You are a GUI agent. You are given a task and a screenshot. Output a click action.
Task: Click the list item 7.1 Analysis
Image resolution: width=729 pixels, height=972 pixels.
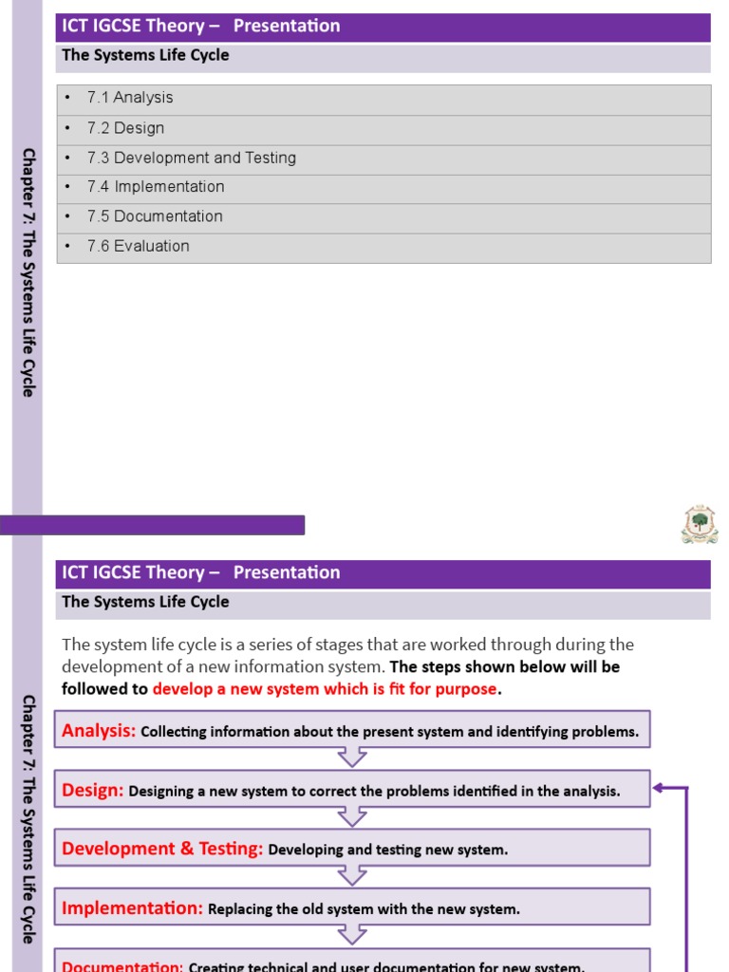130,98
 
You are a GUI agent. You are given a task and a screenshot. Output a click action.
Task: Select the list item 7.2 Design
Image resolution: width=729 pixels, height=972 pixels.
125,128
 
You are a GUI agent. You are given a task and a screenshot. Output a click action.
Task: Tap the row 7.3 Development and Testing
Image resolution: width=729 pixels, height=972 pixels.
192,158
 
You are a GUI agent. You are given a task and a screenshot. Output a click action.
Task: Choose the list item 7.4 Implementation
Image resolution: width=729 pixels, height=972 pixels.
156,187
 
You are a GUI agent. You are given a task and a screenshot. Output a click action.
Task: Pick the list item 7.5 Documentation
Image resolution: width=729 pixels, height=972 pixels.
155,216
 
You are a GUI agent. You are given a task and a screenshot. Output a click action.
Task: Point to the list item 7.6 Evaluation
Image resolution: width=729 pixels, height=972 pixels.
139,246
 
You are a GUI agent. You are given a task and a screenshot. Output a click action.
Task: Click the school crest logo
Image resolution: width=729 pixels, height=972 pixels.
700,524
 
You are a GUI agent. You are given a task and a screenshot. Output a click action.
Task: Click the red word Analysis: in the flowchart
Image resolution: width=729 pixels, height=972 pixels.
99,731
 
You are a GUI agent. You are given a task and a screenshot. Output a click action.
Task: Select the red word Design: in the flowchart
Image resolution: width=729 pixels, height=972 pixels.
93,790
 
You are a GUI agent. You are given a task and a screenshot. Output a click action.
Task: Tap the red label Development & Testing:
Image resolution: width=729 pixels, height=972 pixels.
162,849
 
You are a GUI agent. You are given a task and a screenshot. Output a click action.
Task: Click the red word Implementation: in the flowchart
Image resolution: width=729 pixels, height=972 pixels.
132,908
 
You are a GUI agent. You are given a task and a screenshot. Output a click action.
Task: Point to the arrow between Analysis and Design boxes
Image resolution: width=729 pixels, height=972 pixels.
352,757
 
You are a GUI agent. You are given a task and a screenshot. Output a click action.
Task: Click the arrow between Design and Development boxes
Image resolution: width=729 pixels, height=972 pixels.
352,816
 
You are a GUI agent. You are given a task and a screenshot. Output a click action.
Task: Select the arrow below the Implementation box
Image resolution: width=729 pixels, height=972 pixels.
352,935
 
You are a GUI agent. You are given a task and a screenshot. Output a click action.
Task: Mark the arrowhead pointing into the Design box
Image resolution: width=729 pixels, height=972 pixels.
658,788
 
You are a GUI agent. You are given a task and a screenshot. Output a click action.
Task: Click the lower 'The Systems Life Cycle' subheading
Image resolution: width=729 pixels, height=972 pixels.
145,602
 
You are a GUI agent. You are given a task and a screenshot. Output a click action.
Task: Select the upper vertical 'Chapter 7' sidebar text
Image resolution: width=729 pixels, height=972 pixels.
28,271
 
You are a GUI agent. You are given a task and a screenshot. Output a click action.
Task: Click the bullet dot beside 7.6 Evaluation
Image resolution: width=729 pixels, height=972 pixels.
68,246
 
